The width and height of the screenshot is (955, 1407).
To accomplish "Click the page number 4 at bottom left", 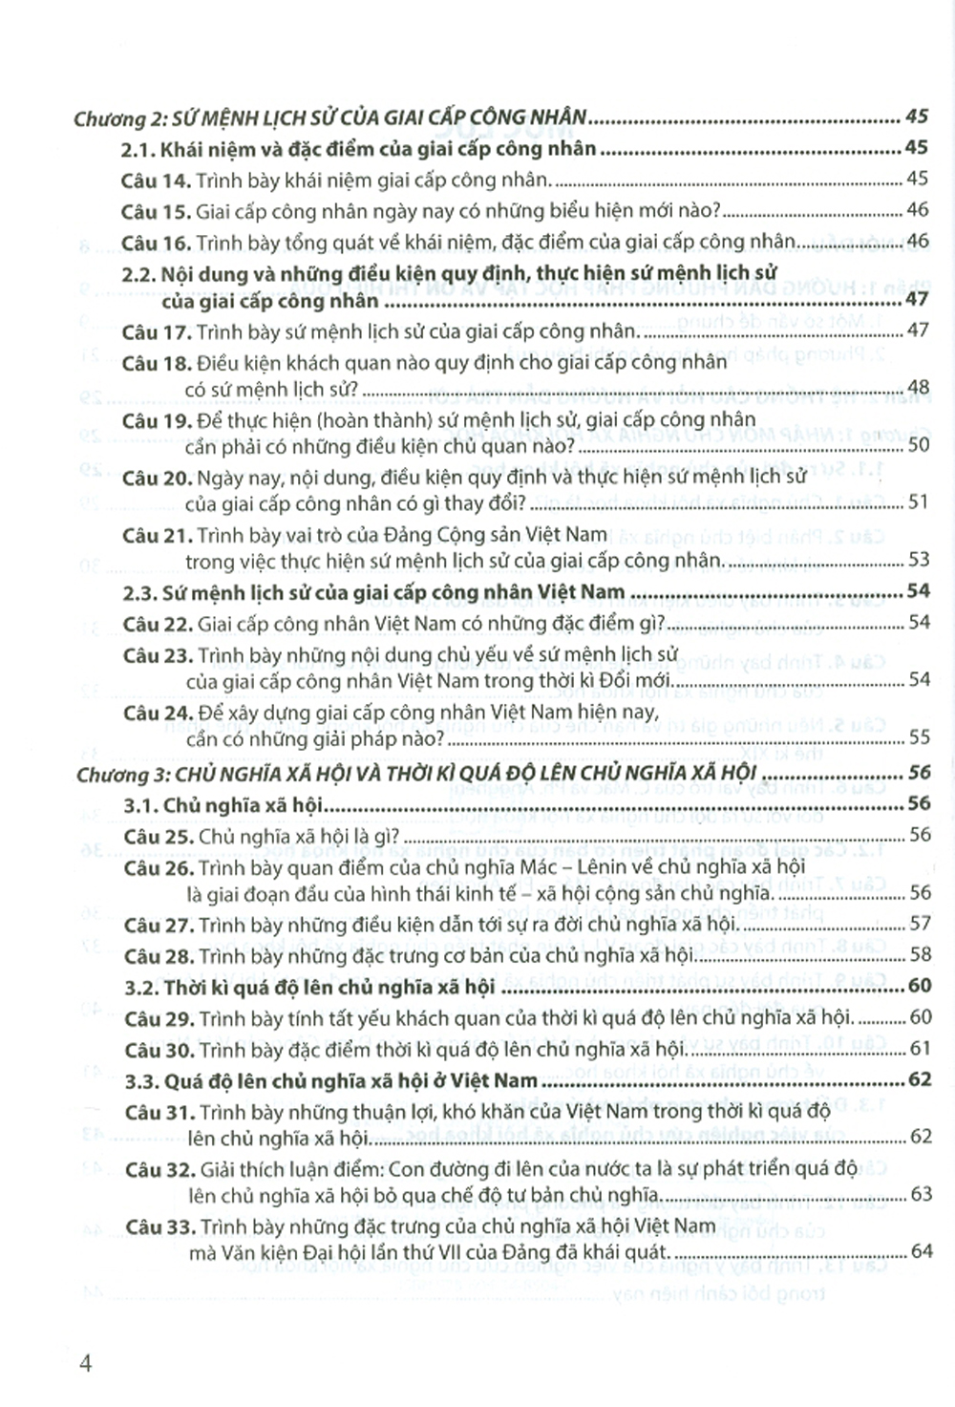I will [86, 1363].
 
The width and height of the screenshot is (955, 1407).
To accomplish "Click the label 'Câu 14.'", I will [156, 180].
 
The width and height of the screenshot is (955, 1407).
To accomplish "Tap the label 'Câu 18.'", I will [157, 363].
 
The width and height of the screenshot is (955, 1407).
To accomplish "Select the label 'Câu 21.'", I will [157, 536].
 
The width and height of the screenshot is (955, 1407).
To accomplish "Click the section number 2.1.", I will [138, 149].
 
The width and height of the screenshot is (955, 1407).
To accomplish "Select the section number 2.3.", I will [139, 593].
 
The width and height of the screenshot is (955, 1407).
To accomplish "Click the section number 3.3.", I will [141, 1082].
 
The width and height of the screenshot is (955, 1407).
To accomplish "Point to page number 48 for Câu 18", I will [918, 388].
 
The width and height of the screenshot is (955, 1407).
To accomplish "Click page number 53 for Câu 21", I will [918, 560].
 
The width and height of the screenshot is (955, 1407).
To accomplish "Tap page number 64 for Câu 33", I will [921, 1251].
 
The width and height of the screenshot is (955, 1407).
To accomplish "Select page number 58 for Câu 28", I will [920, 954].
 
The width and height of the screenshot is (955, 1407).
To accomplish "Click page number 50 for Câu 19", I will [918, 445].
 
